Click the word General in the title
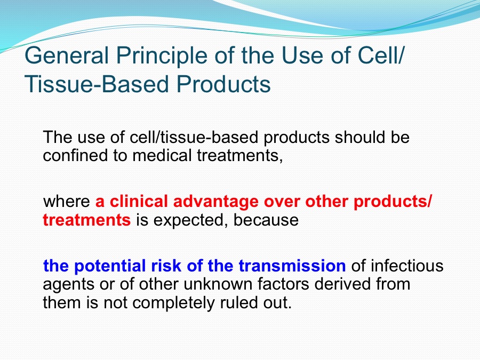(x=67, y=55)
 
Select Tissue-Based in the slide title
(x=97, y=84)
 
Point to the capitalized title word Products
(x=223, y=84)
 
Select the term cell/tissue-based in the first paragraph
(x=194, y=137)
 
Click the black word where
(x=67, y=202)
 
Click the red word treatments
(x=86, y=220)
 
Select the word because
(x=266, y=220)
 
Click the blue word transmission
(x=292, y=266)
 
